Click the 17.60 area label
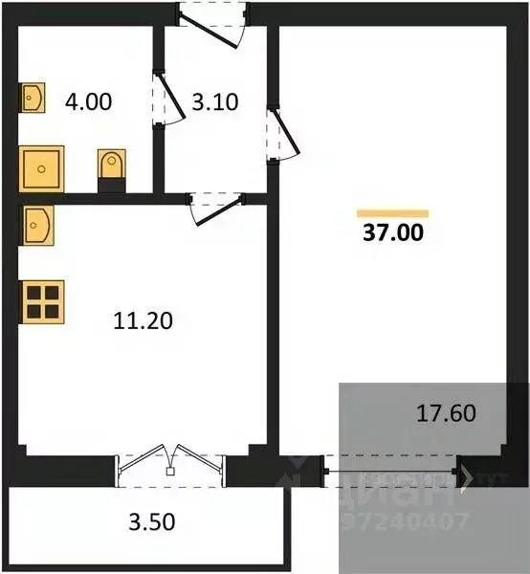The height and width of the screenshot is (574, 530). click(x=447, y=413)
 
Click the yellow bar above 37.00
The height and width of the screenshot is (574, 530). click(x=392, y=212)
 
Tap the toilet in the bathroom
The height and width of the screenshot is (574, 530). click(x=111, y=168)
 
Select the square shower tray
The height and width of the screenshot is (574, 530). click(x=41, y=169)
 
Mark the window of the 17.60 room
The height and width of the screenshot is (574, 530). click(x=392, y=471)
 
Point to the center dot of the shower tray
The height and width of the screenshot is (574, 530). click(x=41, y=169)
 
